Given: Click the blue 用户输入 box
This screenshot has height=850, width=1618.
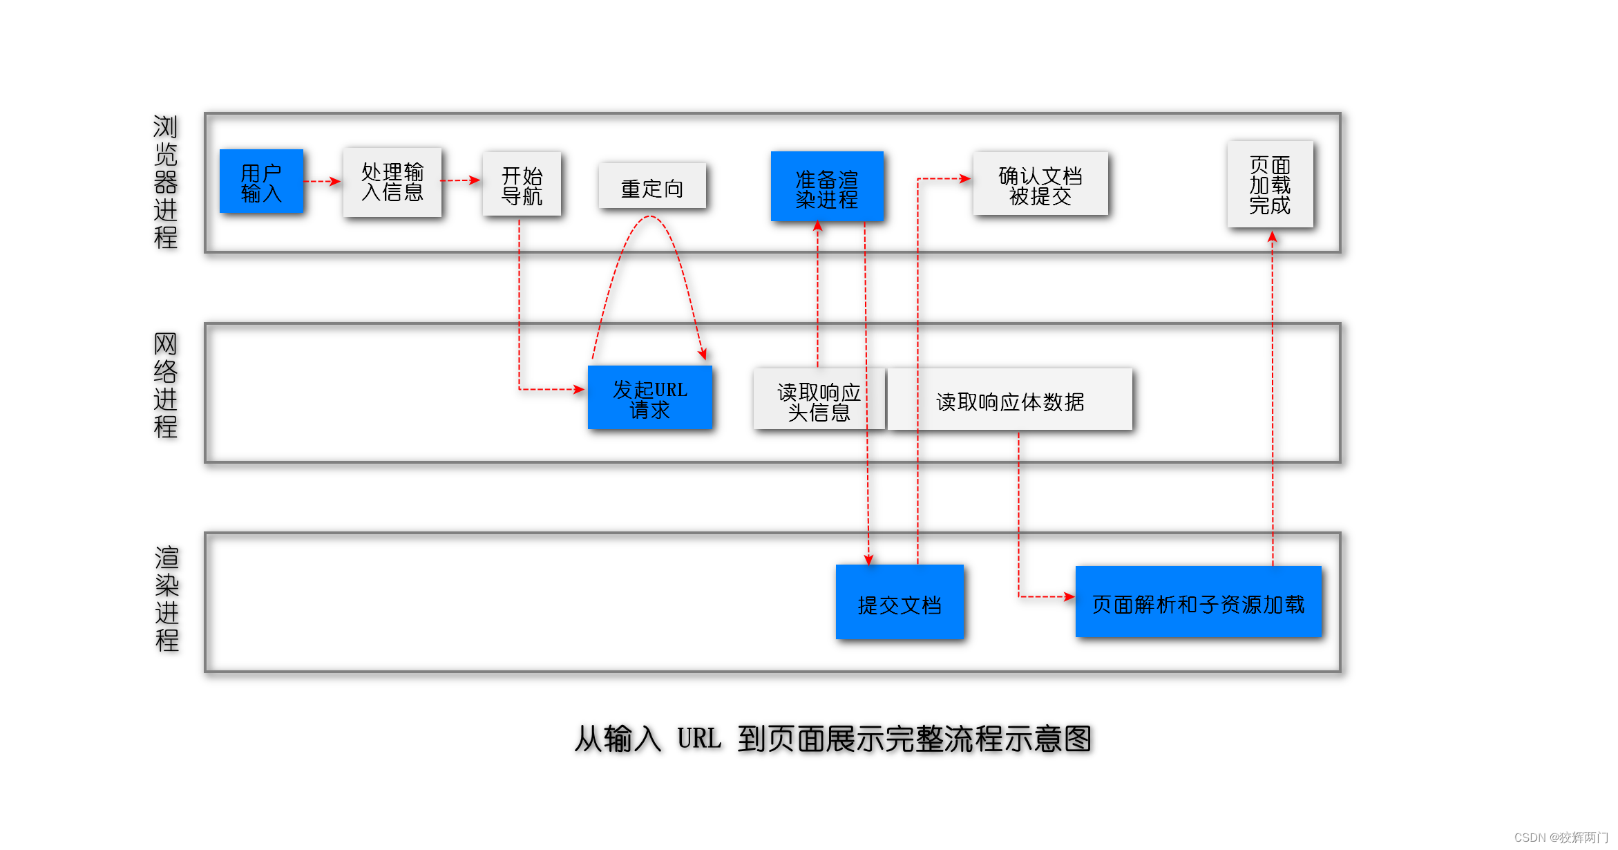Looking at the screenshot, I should [x=261, y=182].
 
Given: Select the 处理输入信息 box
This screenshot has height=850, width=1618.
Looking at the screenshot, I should [x=392, y=182].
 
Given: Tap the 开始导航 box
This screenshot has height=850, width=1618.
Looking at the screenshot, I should [x=522, y=185].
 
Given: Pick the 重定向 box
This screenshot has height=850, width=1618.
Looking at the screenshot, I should [x=652, y=186].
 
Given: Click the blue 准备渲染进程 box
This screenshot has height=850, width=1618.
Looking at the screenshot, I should [x=827, y=187].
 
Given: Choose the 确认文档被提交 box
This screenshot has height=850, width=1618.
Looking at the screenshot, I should [x=1040, y=185].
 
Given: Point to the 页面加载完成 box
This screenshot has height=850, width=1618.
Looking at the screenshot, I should [x=1270, y=185].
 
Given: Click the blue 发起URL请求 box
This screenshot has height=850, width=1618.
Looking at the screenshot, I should [x=649, y=398].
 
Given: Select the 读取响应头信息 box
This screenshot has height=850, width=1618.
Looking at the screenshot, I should [x=819, y=399].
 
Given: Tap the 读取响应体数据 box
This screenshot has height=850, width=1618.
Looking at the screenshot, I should [x=1009, y=400].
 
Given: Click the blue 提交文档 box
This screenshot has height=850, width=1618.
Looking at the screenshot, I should [x=899, y=603].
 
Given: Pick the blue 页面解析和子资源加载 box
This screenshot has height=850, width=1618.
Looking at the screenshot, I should [x=1198, y=603].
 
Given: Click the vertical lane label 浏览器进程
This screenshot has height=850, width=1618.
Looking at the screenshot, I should [x=166, y=182].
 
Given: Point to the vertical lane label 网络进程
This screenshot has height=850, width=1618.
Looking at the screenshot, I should [x=166, y=386].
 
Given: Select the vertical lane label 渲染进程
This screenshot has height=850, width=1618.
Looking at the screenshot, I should [x=166, y=599].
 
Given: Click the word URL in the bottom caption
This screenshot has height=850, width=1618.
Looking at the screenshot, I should [x=699, y=738].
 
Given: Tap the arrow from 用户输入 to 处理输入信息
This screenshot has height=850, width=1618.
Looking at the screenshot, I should [x=323, y=182].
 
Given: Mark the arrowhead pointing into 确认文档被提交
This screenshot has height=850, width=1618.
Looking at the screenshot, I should [x=965, y=179].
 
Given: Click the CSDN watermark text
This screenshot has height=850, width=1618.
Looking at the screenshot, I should [x=1561, y=838].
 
